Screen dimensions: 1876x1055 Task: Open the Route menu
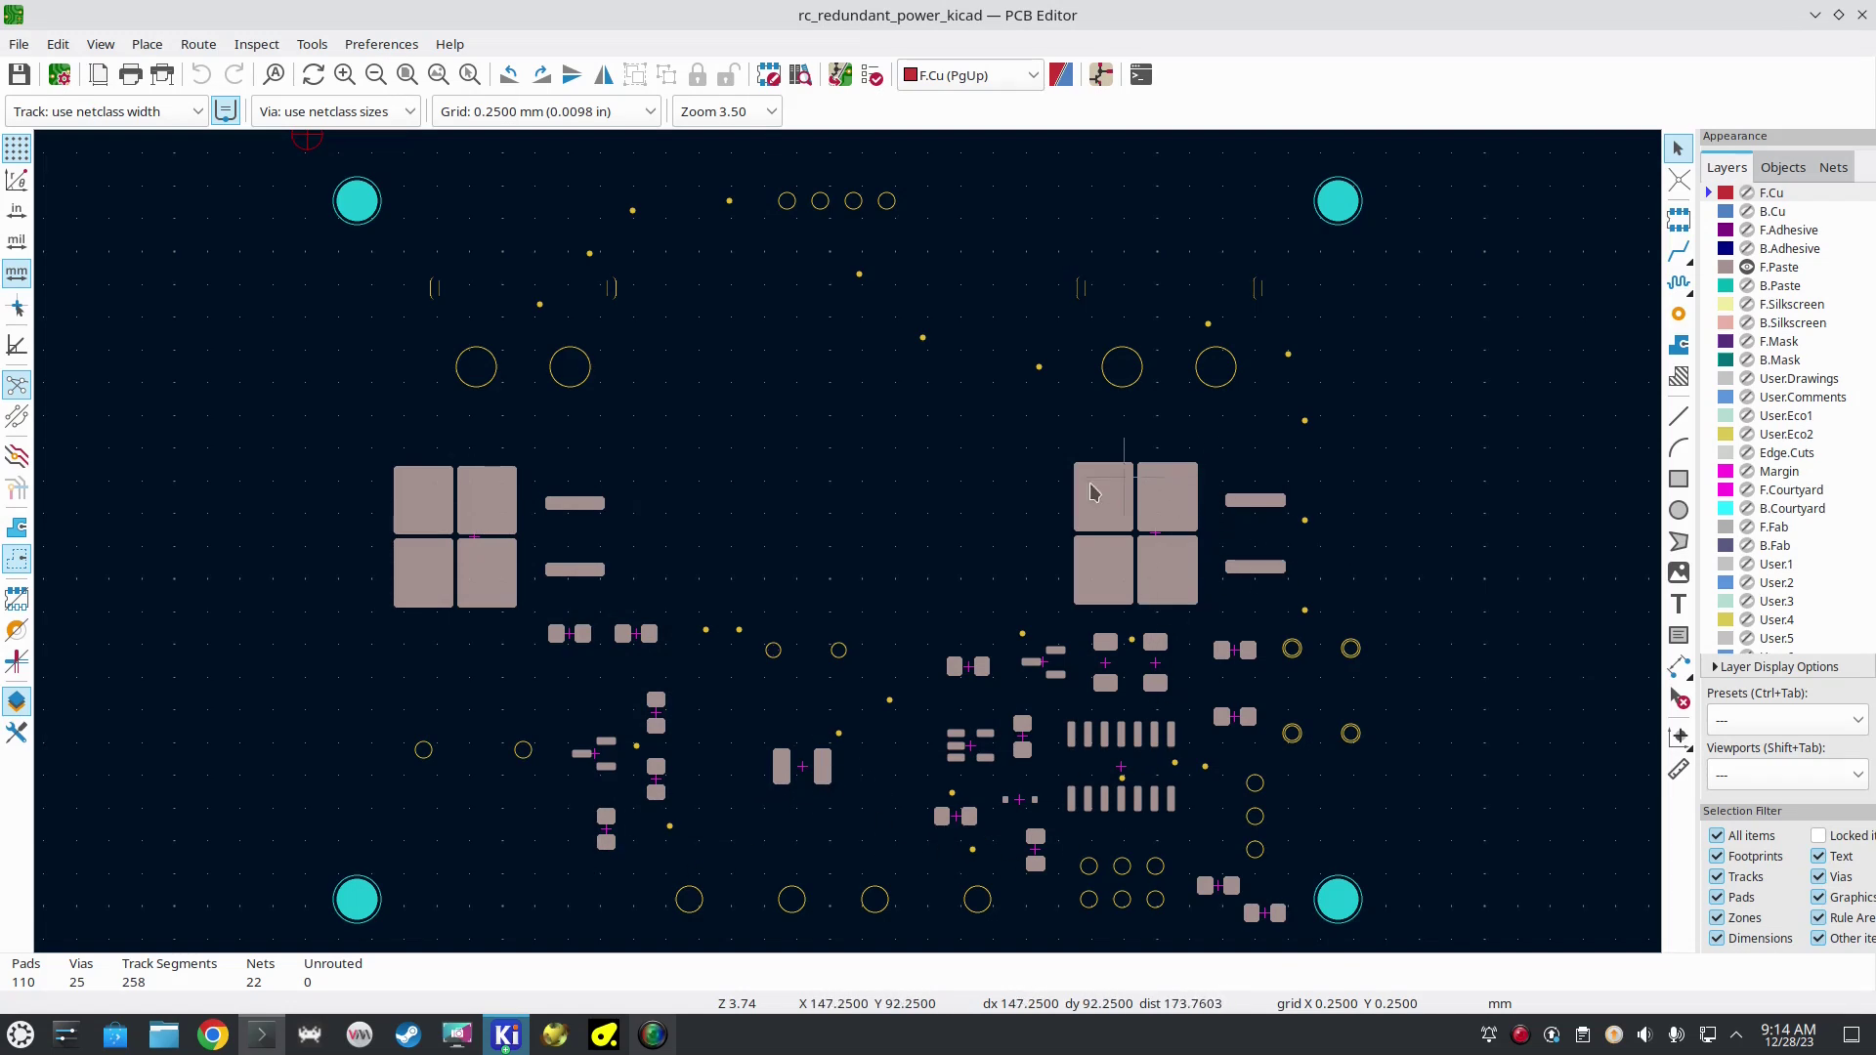point(198,44)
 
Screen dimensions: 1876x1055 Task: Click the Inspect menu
point(256,44)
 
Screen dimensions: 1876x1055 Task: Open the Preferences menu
point(381,44)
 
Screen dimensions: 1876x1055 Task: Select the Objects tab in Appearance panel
point(1782,167)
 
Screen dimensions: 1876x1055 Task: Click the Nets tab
point(1833,167)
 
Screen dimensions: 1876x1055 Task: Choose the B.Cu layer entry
point(1771,211)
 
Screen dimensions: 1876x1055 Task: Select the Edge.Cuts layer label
point(1786,452)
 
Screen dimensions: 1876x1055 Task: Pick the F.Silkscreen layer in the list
point(1791,304)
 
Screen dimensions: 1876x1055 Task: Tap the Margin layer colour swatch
point(1726,471)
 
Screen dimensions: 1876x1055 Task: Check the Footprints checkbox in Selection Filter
point(1717,856)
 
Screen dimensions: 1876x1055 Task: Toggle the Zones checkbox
point(1717,917)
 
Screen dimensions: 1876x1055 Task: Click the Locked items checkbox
point(1818,835)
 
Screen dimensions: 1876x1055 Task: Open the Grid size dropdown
point(546,111)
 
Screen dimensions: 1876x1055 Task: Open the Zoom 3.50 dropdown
point(727,111)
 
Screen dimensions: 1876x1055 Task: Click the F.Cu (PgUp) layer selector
point(970,75)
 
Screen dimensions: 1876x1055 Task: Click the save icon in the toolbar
point(20,75)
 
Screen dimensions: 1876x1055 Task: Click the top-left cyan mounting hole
point(357,201)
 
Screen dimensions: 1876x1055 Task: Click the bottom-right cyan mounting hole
point(1338,900)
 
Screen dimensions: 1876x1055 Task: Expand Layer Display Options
point(1778,666)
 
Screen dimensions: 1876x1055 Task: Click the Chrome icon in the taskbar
point(213,1034)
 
